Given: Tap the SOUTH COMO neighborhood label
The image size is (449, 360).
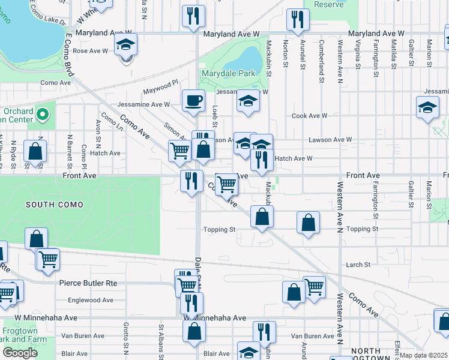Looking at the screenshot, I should [55, 205].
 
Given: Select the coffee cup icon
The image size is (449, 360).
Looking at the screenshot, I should [193, 101].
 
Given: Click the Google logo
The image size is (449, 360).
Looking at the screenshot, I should [20, 352].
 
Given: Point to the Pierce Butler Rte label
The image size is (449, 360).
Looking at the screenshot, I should [88, 283].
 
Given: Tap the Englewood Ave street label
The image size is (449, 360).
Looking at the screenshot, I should [91, 300].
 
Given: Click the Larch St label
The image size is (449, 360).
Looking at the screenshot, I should [358, 265].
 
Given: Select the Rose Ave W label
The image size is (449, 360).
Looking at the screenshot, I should [89, 51].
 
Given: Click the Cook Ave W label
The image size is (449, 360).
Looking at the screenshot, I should [310, 116].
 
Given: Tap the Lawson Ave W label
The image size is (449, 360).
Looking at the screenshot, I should [330, 140].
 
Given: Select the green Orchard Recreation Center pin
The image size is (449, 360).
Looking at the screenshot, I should [42, 113].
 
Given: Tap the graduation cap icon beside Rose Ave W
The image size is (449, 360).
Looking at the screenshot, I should [126, 44].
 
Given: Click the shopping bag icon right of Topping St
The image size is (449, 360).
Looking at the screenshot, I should [307, 223].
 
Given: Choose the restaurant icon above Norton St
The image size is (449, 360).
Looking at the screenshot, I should [297, 19].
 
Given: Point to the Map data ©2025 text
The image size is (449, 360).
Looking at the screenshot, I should [423, 355].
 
